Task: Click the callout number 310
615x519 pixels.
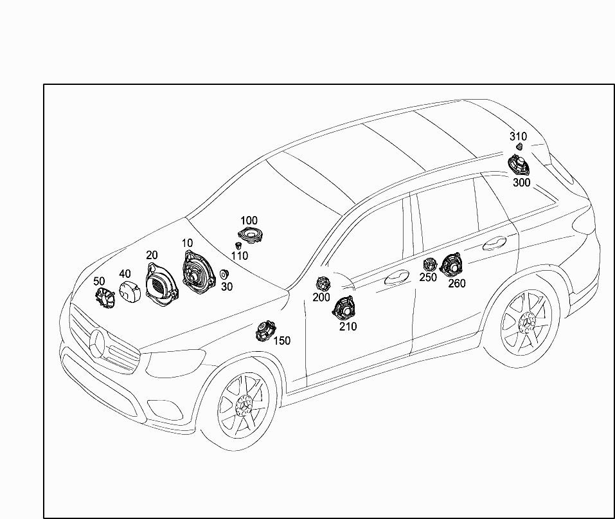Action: click(x=518, y=136)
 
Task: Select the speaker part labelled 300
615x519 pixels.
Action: click(x=519, y=165)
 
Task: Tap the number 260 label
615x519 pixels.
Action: click(x=457, y=283)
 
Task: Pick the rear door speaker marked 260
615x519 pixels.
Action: click(x=451, y=266)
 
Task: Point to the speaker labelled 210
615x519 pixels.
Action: click(x=344, y=308)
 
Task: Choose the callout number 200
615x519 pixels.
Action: click(x=321, y=297)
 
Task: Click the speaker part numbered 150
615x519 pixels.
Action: click(x=265, y=331)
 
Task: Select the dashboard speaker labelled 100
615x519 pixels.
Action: click(x=249, y=235)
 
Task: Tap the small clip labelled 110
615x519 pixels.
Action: click(x=238, y=246)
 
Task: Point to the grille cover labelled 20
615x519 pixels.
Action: click(x=161, y=286)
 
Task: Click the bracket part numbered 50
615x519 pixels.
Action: click(x=105, y=296)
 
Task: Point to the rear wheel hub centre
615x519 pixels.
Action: click(x=527, y=322)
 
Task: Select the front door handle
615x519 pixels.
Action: click(x=397, y=277)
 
